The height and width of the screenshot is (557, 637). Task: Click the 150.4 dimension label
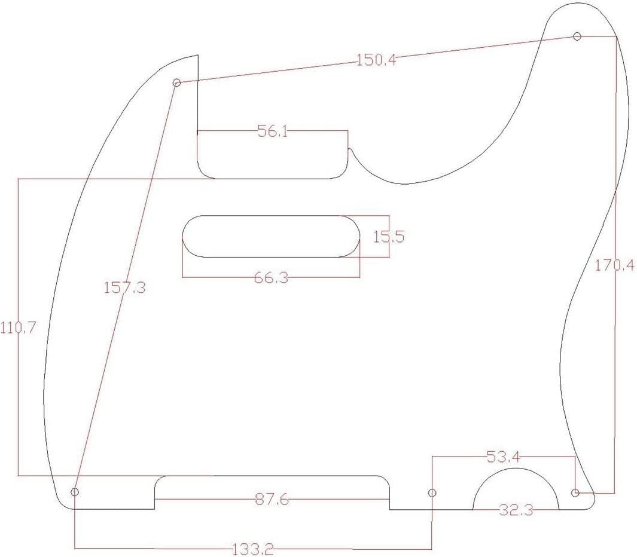(376, 60)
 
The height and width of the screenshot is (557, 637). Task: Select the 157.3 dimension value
(124, 288)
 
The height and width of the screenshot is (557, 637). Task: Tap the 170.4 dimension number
(614, 265)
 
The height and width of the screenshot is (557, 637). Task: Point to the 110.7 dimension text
(18, 328)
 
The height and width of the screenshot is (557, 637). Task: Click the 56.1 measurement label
(273, 131)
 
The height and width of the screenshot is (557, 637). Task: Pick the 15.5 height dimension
(389, 236)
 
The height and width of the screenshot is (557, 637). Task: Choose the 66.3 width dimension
(271, 278)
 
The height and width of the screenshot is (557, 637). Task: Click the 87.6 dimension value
(272, 500)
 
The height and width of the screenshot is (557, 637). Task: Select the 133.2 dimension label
(252, 550)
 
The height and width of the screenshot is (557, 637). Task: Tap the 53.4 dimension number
(503, 457)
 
